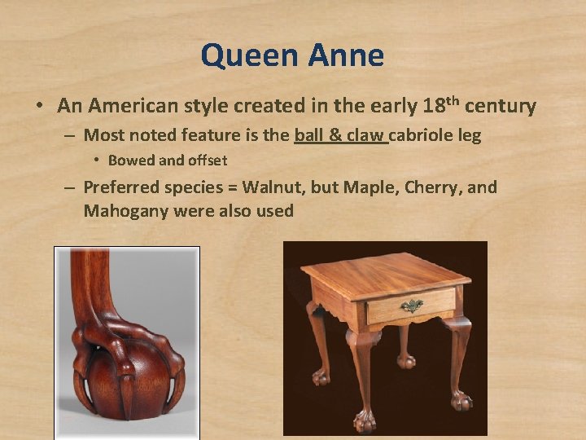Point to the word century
coord(500,106)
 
